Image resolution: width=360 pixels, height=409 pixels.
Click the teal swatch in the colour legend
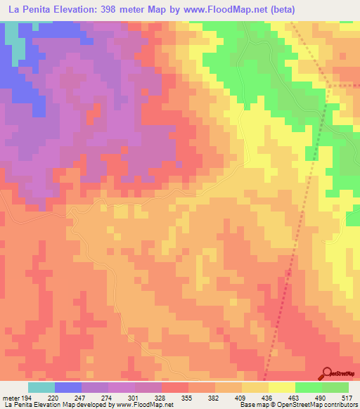[x=41, y=388]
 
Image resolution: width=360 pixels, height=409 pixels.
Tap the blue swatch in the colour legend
[x=67, y=388]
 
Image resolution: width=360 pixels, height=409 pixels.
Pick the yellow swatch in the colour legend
[x=281, y=388]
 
